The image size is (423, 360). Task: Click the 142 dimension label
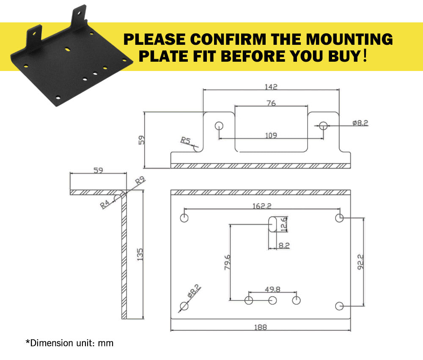[271, 87]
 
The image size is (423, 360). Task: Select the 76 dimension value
[271, 103]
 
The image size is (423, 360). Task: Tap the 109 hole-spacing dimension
[271, 135]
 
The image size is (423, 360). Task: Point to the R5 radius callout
[185, 140]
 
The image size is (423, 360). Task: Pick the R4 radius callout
[105, 204]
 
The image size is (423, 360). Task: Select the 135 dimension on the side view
[140, 254]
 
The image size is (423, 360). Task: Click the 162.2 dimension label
[262, 206]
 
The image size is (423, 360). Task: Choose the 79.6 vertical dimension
[227, 262]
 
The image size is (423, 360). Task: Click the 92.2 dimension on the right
[360, 262]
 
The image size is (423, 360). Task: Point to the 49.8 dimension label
[272, 289]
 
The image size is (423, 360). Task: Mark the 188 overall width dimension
[260, 327]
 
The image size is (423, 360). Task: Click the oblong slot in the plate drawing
[272, 224]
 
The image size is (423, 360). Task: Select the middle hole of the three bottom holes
[272, 300]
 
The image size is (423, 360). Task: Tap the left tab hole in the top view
[219, 125]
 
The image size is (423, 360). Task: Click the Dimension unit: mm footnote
[70, 343]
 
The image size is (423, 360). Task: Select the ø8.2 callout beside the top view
[360, 123]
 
